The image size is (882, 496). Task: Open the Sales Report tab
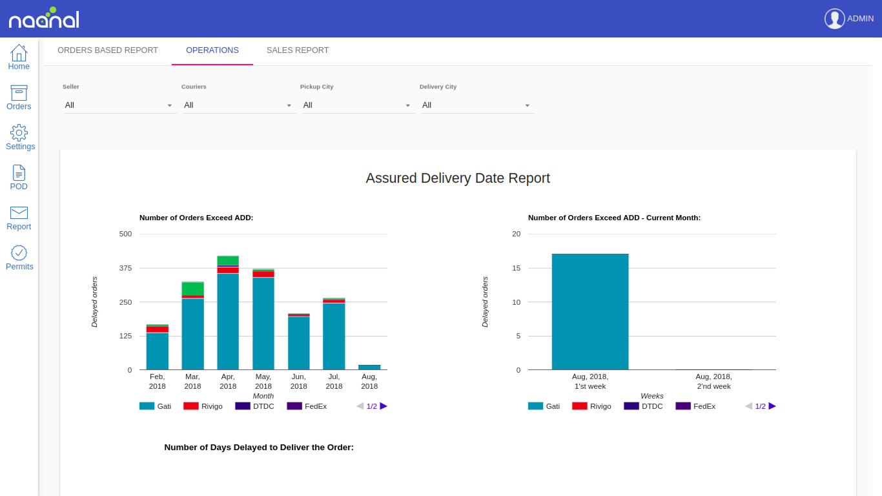coord(298,50)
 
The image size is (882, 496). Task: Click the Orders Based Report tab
coord(108,50)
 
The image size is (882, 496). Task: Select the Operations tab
coord(212,50)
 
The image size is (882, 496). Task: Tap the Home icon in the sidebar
coord(19,53)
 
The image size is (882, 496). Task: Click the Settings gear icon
coord(19,132)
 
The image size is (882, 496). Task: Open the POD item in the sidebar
coord(19,173)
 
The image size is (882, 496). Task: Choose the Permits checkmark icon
coord(19,253)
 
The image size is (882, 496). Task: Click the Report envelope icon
coord(19,213)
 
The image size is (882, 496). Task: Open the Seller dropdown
coord(119,105)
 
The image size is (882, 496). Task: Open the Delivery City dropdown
coord(477,105)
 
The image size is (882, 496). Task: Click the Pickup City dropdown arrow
coord(407,105)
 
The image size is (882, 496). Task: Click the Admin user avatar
coord(834,19)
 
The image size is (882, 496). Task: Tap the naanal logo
coord(44,19)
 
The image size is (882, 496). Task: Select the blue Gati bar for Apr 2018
coord(228,321)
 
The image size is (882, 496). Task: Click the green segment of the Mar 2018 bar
coord(192,288)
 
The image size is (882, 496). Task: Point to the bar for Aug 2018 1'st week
coord(590,311)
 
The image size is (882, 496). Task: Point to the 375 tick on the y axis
coord(125,268)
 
